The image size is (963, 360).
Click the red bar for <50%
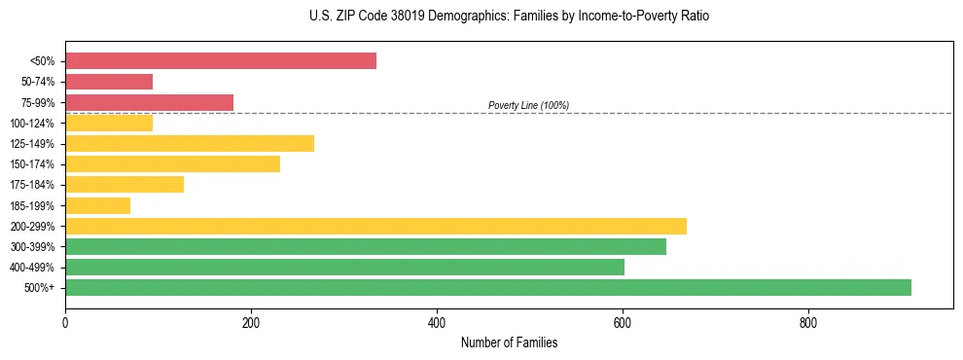tap(221, 61)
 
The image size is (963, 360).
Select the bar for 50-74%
tap(109, 82)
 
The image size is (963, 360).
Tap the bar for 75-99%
tap(149, 102)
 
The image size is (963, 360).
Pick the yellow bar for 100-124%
tap(109, 123)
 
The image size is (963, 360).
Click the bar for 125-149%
tap(190, 144)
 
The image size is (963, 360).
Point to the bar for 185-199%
tap(97, 205)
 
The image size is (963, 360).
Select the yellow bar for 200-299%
tap(375, 226)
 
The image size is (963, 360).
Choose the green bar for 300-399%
tap(366, 246)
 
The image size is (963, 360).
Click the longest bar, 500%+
tap(488, 287)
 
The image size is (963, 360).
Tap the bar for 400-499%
tap(344, 267)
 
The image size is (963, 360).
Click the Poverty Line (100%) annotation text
tap(528, 105)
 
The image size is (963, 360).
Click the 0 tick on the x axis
tap(65, 323)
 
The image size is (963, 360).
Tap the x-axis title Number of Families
tap(509, 343)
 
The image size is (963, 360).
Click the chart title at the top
tap(509, 17)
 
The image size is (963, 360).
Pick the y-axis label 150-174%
tap(32, 164)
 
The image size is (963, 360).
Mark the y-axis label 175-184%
tap(32, 185)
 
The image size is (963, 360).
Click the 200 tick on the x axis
tap(251, 323)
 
